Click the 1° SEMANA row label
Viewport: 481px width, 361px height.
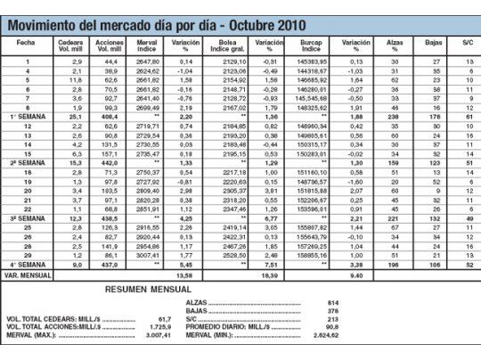pyautogui.click(x=27, y=116)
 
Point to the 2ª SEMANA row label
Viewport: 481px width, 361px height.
pyautogui.click(x=27, y=164)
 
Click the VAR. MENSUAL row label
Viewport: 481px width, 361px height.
pyautogui.click(x=27, y=275)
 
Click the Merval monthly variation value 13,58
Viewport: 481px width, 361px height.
pyautogui.click(x=185, y=275)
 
